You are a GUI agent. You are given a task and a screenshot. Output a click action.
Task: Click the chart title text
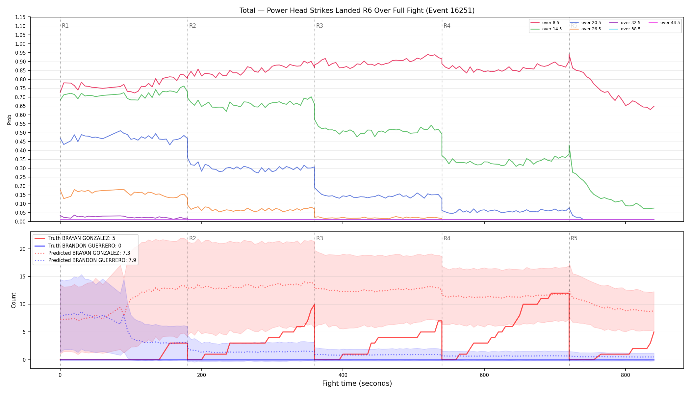[x=357, y=11]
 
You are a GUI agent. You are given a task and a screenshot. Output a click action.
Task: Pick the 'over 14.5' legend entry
[x=546, y=29]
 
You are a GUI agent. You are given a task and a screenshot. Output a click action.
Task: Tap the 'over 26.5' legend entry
[x=585, y=29]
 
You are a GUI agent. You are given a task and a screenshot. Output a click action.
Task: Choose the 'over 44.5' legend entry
[x=664, y=23]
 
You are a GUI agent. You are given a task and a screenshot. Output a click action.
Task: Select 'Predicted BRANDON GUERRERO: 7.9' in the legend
[x=85, y=260]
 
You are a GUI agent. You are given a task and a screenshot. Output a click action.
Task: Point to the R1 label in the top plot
[x=65, y=26]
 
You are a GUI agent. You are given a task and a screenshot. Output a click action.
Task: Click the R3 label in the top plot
[x=320, y=26]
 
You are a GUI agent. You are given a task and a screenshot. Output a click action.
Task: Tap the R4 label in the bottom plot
[x=447, y=238]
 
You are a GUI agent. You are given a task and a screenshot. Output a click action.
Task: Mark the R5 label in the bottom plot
[x=574, y=238]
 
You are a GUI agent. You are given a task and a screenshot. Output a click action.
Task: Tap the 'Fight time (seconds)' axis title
[x=357, y=383]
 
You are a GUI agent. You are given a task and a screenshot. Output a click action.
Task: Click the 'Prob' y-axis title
[x=10, y=119]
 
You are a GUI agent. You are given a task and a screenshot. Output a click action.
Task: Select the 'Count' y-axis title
[x=13, y=300]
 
